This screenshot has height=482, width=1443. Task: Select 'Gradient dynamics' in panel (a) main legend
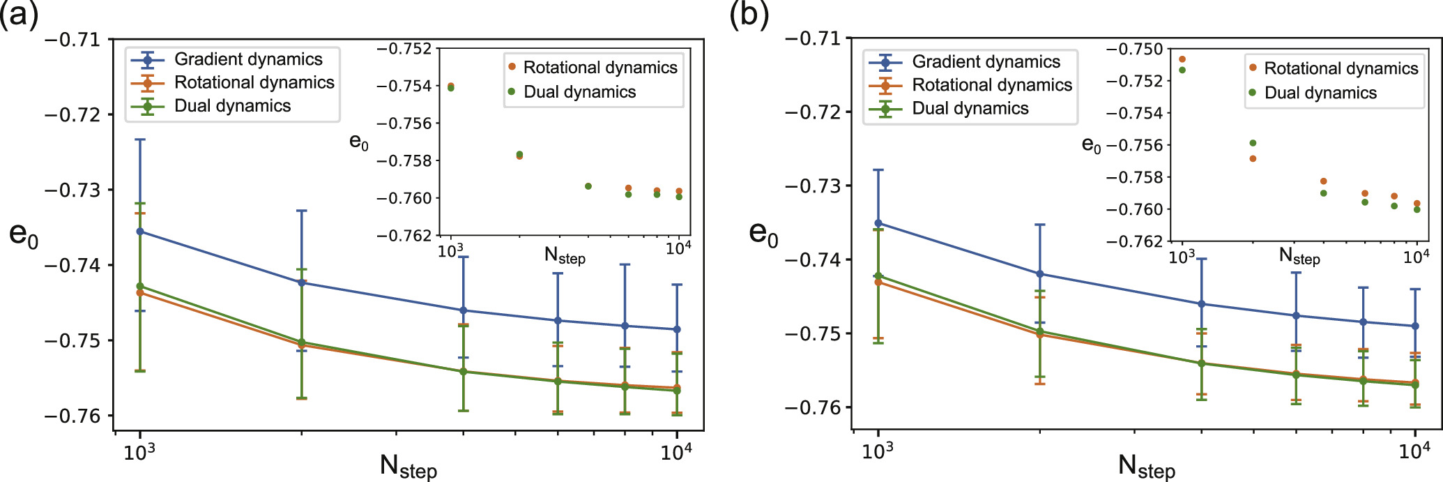coord(248,59)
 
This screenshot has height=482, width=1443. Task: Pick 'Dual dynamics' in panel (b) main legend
coord(970,108)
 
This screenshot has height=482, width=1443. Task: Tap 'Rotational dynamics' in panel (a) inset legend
coord(600,68)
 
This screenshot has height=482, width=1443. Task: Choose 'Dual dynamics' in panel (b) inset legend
coord(1320,93)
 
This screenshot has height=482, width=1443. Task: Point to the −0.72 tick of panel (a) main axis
coord(72,114)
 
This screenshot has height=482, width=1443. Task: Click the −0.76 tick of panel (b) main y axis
coord(813,407)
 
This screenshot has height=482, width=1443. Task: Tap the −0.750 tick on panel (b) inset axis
coord(1134,49)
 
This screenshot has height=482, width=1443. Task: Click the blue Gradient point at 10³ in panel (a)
coord(140,232)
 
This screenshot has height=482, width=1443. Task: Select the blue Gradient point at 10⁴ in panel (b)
coord(1415,326)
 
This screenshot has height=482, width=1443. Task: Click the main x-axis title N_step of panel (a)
coord(408,465)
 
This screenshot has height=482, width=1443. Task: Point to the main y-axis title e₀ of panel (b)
coord(763,234)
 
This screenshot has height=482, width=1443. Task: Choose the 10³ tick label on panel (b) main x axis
coord(877,452)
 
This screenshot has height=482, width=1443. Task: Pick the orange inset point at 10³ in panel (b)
coord(1182,59)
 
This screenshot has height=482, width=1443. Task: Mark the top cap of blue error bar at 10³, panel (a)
coord(140,140)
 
